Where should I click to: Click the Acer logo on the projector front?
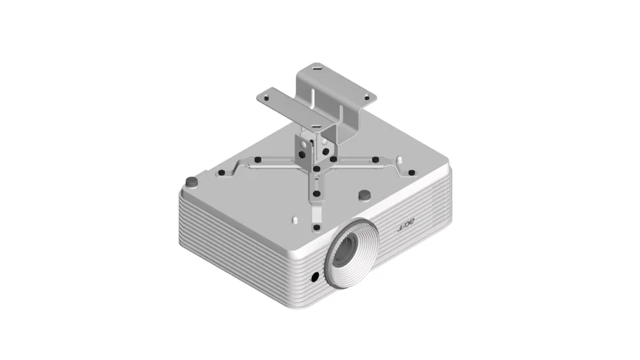pos(406,224)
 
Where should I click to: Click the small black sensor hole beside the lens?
pos(314,277)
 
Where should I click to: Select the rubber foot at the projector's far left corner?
pos(191,181)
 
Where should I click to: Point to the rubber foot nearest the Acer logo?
pos(364,195)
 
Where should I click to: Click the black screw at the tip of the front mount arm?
pos(316,227)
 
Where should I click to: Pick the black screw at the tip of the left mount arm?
pos(222,173)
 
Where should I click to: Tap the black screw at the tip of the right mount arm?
pos(411,173)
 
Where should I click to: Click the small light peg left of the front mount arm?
pos(295,219)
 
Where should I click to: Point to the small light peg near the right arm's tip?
pos(399,160)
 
